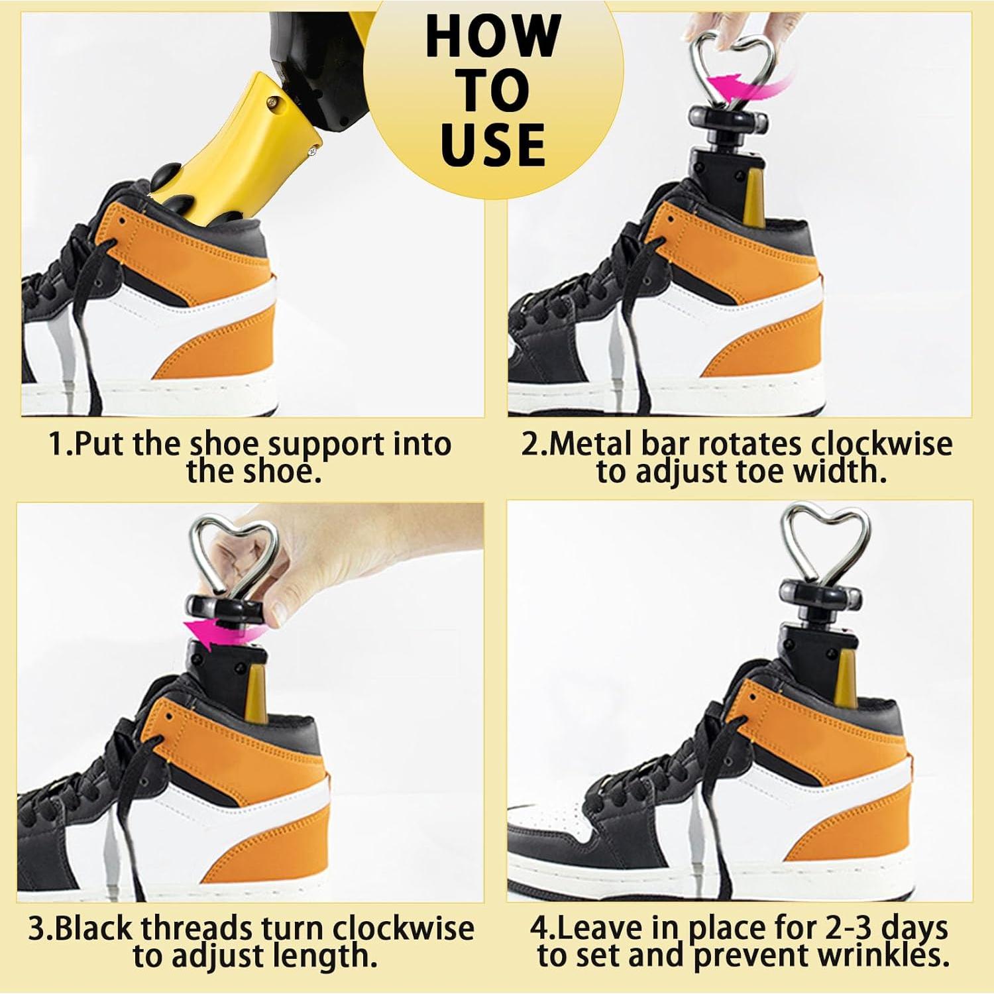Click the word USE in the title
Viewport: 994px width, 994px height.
[x=492, y=144]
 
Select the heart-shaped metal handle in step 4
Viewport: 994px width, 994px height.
[x=816, y=538]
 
